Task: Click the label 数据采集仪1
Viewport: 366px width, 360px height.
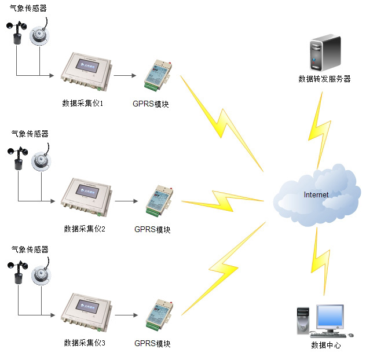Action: point(82,104)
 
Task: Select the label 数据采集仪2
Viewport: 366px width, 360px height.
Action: point(84,229)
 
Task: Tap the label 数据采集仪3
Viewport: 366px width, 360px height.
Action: point(84,343)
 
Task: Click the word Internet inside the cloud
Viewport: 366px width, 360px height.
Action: point(316,194)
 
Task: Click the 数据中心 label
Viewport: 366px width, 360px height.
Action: point(326,345)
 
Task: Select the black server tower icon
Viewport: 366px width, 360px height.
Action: point(325,53)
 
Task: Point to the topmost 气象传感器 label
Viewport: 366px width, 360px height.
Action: point(29,9)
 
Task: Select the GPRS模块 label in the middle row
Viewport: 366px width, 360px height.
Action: point(152,229)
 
